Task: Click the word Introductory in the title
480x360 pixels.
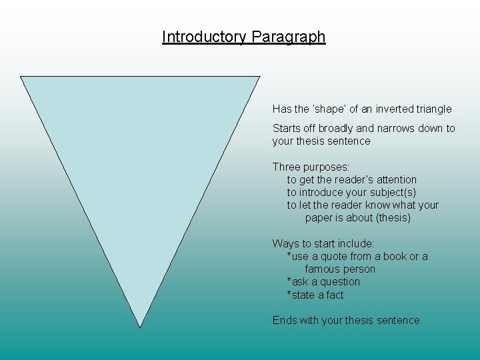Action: click(205, 37)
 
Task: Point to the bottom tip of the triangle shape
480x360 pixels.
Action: click(139, 327)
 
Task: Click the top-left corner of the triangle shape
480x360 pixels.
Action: click(21, 77)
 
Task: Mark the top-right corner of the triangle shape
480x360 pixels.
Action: click(259, 77)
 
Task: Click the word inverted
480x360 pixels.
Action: click(392, 109)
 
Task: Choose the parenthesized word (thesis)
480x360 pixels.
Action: click(393, 218)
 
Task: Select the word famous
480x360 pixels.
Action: click(322, 269)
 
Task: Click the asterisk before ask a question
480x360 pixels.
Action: click(289, 281)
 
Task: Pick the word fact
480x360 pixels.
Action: click(335, 295)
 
